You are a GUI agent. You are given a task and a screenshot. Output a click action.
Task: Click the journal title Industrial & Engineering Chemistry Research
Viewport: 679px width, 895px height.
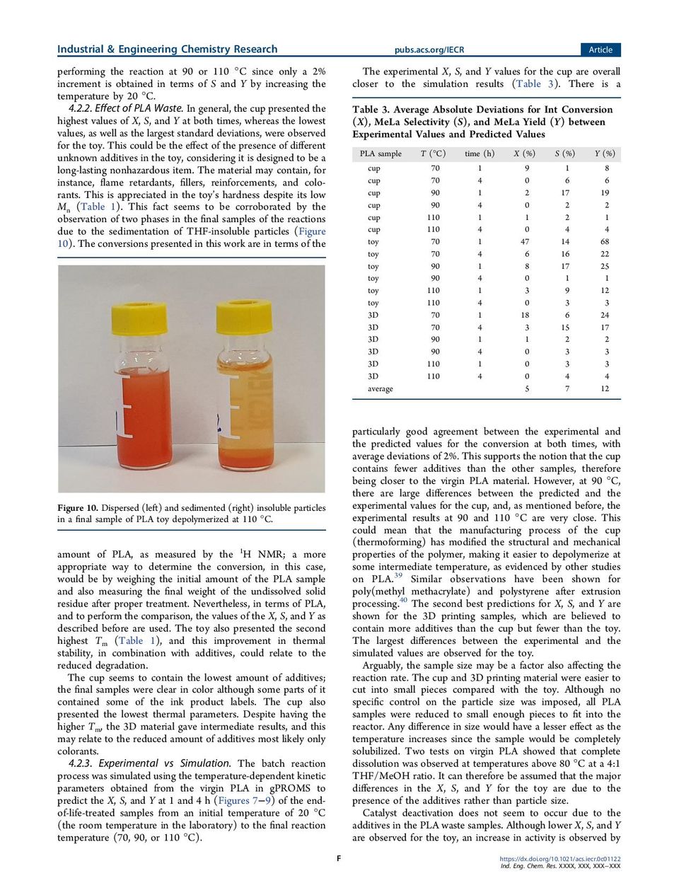167,50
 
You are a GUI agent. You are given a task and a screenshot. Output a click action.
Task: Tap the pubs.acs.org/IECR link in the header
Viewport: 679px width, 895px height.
429,50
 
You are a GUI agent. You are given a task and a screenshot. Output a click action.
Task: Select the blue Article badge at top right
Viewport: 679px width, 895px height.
600,50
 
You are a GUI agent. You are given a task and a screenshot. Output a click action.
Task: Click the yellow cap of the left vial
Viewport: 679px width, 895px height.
139,318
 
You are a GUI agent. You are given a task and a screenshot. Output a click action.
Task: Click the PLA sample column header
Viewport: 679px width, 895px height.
380,154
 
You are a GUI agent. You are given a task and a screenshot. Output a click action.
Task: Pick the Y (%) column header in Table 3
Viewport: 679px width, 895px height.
605,154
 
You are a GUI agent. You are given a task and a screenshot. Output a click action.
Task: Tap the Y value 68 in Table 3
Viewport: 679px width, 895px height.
605,242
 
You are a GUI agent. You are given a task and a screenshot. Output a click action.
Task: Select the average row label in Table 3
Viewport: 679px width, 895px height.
380,389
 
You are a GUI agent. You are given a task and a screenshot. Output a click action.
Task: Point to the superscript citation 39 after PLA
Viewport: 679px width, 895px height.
398,575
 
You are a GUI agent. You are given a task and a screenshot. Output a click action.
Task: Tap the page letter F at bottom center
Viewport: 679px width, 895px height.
339,859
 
